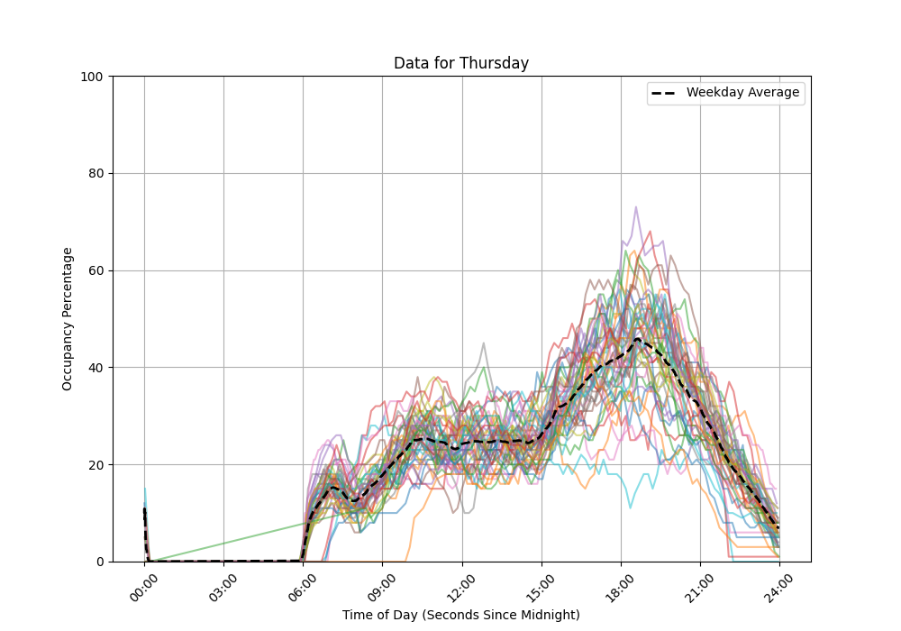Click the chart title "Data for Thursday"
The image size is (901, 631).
click(460, 63)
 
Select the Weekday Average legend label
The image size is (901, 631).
click(742, 93)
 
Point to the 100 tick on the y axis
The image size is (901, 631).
click(92, 77)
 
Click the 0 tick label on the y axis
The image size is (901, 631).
click(99, 562)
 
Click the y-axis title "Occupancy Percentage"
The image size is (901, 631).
click(68, 319)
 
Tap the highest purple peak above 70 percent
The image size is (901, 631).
click(636, 207)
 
